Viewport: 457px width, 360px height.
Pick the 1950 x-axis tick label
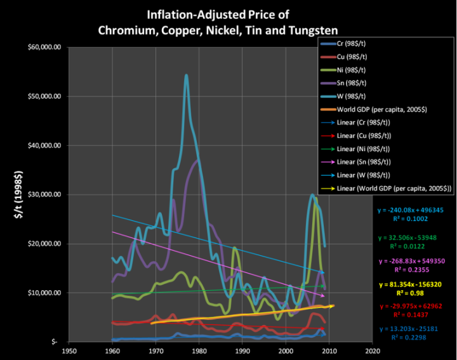pyautogui.click(x=69, y=350)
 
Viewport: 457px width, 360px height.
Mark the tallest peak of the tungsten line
pyautogui.click(x=186, y=76)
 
